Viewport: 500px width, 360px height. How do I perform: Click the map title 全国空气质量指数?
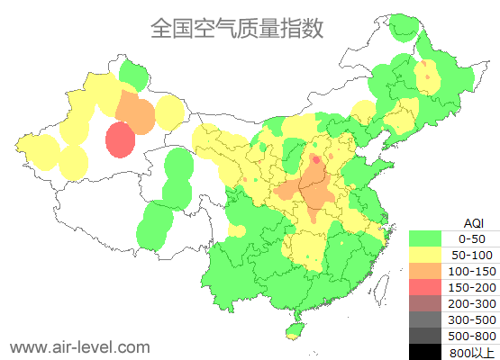(237, 29)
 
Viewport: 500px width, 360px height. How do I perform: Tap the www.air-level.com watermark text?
(79, 346)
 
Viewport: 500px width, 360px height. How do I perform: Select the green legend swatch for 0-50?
(430, 238)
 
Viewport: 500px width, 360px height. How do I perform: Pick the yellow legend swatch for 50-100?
(430, 255)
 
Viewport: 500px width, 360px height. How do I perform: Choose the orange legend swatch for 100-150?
(430, 271)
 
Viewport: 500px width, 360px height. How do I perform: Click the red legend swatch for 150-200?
(430, 287)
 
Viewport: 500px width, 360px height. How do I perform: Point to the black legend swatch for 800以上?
(430, 351)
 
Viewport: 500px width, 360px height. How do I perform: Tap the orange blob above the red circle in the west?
(136, 111)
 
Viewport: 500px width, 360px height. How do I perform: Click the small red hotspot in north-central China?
(315, 160)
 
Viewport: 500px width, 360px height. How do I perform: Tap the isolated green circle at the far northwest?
(133, 74)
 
